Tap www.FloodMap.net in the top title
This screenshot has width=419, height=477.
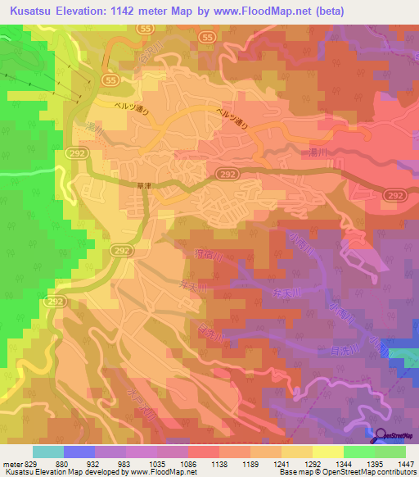tap(257, 11)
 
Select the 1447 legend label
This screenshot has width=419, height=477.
tap(406, 463)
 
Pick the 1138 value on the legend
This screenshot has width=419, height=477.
tap(219, 463)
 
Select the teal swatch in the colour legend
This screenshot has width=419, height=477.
tap(48, 452)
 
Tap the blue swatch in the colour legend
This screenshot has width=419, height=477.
tap(79, 452)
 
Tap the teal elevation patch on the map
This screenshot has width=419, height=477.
tap(403, 358)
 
